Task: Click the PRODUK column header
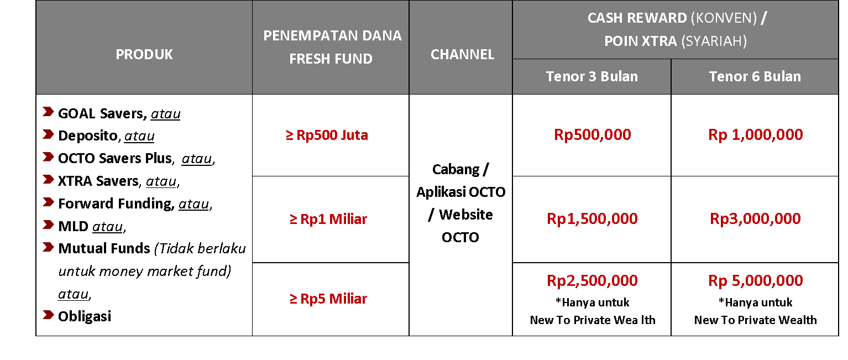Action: (144, 55)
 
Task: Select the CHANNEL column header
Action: (462, 55)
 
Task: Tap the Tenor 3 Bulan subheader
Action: (591, 76)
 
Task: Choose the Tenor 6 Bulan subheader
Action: (755, 76)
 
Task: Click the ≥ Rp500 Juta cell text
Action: (327, 135)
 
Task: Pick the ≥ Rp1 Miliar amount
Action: (328, 219)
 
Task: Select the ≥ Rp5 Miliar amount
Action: (328, 299)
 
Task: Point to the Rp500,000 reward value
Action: (593, 135)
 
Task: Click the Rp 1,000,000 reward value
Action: (756, 135)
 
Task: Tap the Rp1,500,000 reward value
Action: (592, 219)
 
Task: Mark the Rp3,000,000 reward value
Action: (755, 219)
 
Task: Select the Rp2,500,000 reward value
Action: (592, 281)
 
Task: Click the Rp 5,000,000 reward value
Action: (756, 281)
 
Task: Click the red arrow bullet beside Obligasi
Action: (48, 315)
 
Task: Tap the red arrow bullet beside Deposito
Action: (48, 134)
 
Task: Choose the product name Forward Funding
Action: (116, 204)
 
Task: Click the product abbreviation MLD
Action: (73, 226)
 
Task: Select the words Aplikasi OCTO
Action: (460, 192)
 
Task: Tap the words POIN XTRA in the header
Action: (640, 41)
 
